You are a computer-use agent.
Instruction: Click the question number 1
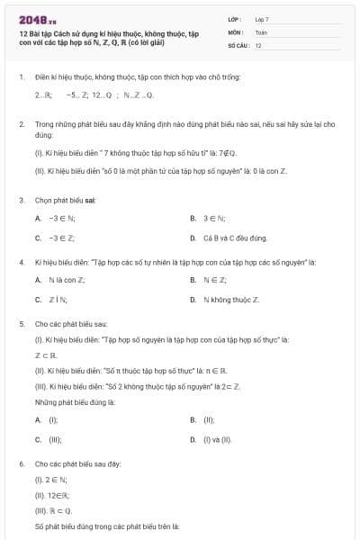click(21, 77)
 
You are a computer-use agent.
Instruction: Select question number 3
click(21, 200)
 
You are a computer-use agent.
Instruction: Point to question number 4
click(21, 262)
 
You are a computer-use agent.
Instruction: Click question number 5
click(21, 321)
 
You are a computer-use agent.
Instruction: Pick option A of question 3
click(54, 218)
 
